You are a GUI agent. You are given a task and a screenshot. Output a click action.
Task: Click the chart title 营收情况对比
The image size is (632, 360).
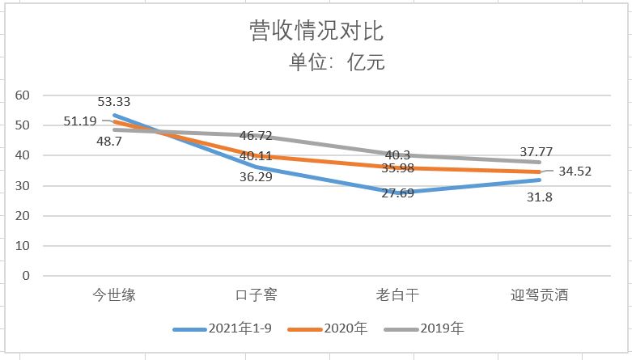coord(316,32)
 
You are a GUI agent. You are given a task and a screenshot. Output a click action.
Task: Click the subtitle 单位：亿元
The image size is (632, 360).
coord(337,61)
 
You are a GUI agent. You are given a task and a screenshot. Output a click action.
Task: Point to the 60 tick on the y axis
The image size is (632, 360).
coord(22,95)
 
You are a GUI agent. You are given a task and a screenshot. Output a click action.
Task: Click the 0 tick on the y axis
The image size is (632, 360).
coord(26,276)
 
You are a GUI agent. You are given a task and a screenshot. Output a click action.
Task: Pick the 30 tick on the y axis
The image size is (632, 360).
coord(22,185)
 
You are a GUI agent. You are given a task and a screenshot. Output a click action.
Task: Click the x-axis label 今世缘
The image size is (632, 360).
coord(113,294)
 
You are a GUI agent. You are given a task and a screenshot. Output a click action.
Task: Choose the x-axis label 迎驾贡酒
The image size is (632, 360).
coord(540,294)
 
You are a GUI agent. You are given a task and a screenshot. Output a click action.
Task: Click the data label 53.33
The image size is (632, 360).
coord(114,102)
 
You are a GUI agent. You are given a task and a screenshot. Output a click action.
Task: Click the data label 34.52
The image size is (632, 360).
coord(575,171)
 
